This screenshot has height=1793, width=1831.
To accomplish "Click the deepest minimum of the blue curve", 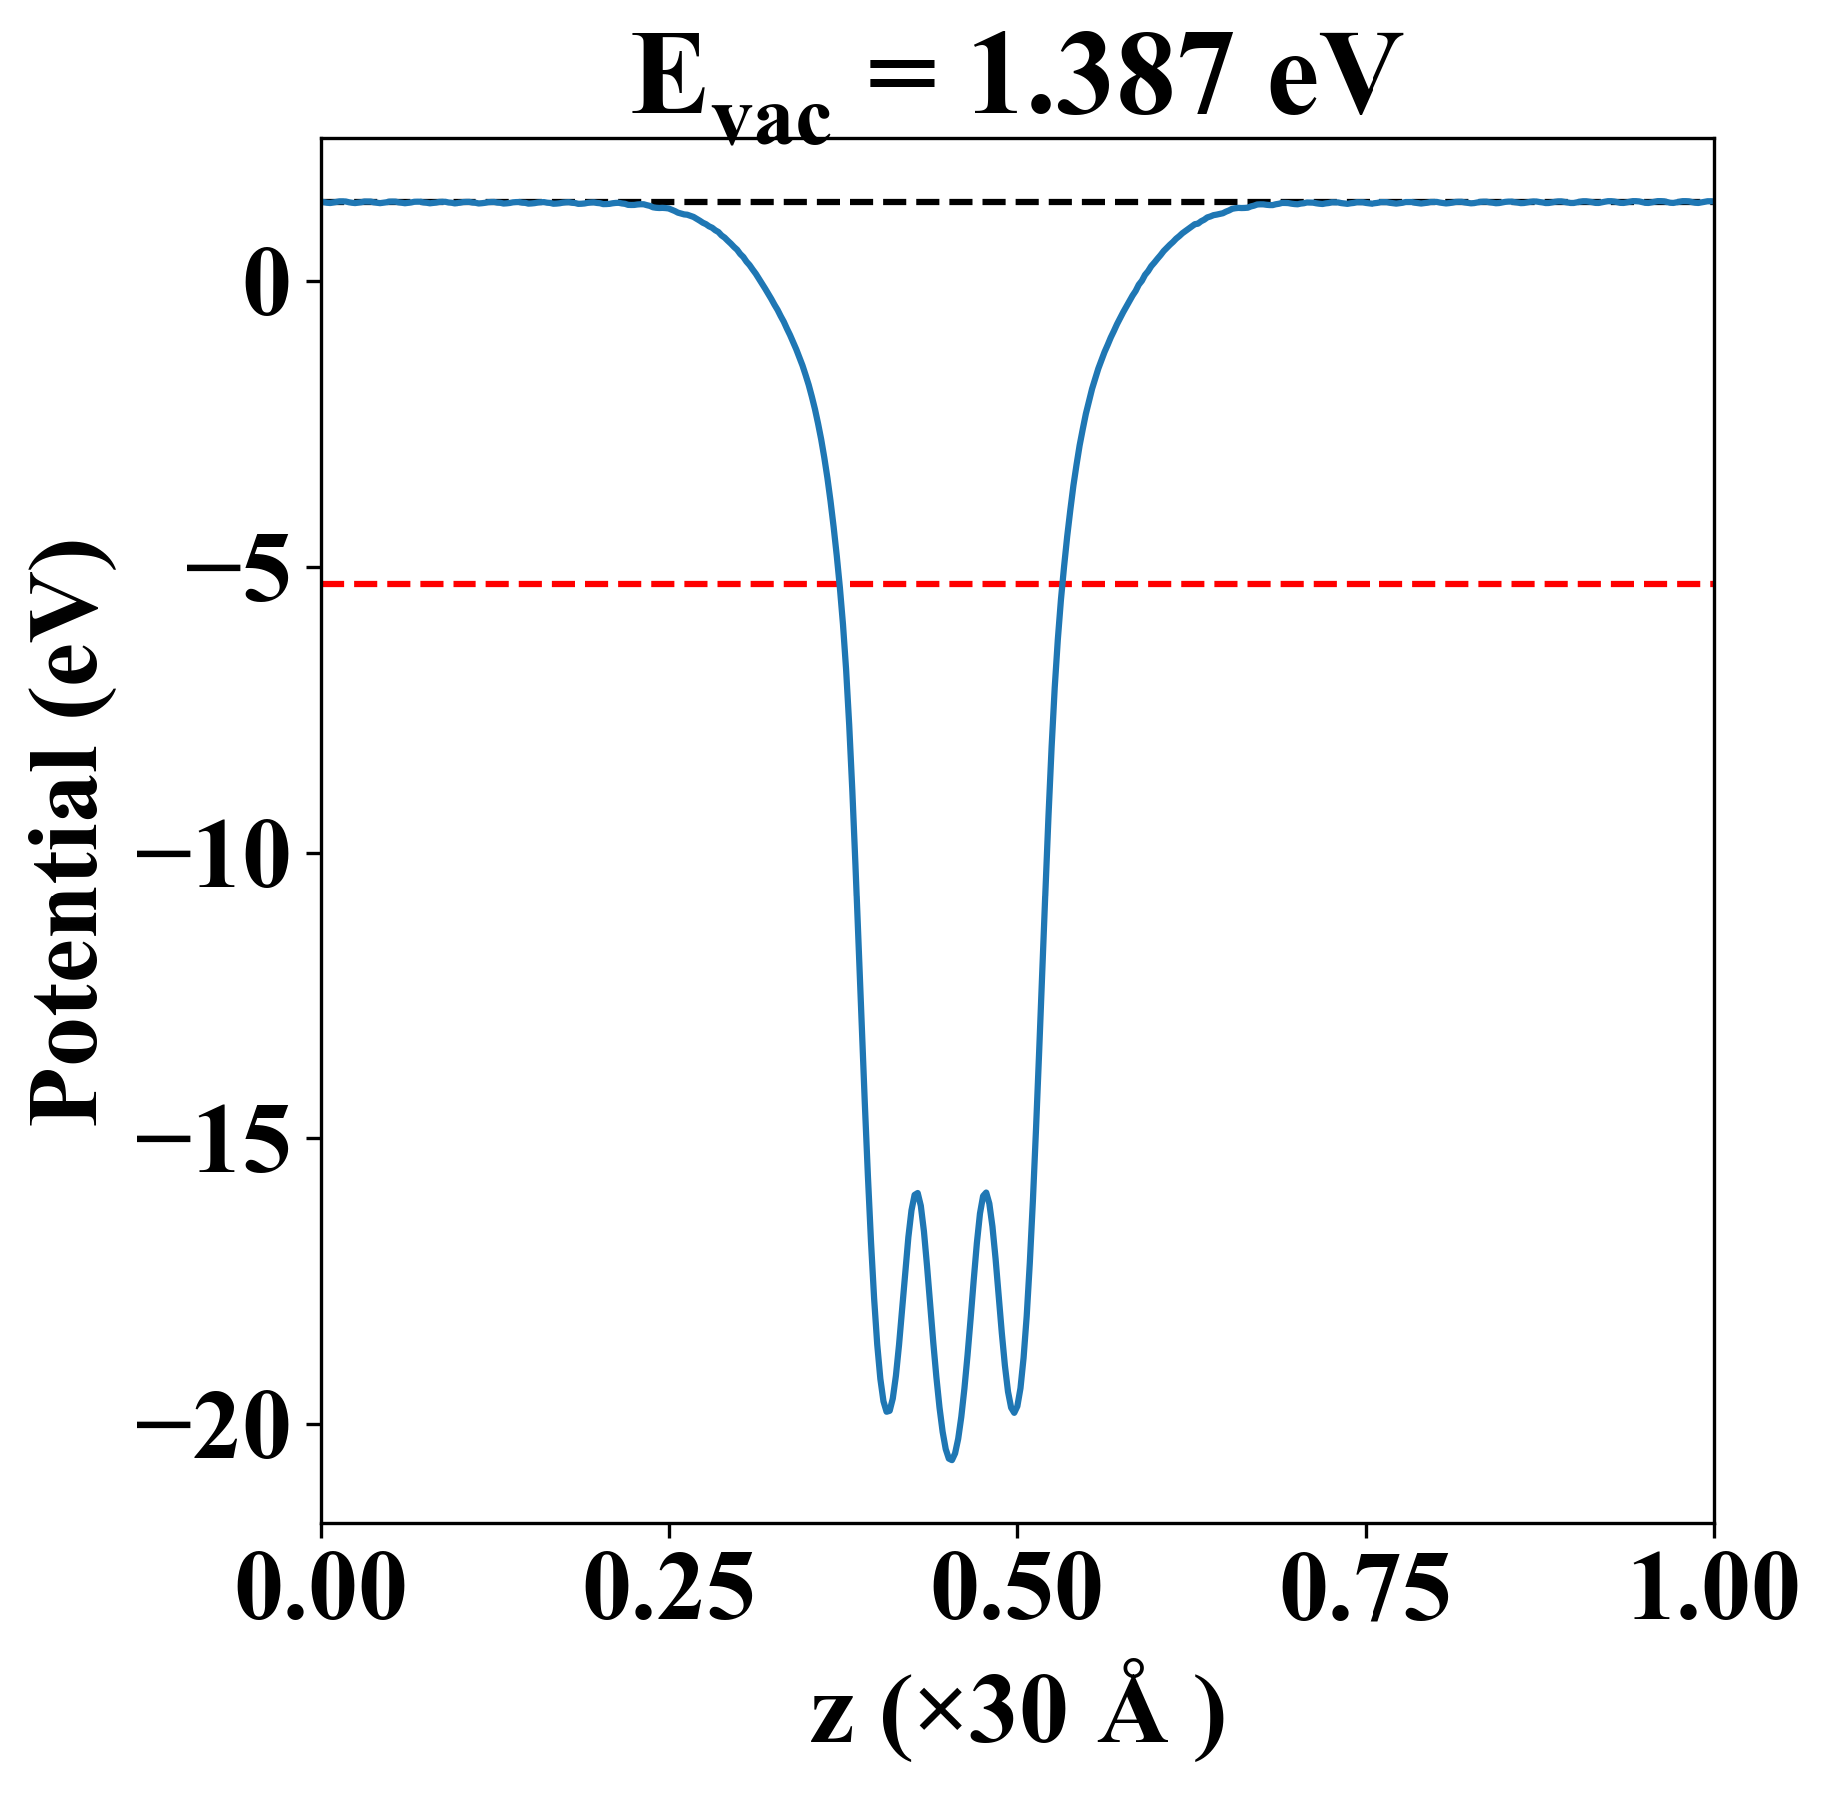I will (x=951, y=1460).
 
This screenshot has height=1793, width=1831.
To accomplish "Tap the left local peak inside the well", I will (x=916, y=1193).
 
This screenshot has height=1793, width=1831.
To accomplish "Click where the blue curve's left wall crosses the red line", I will (x=840, y=583).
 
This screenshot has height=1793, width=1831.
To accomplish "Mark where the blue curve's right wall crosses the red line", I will (x=1063, y=583).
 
